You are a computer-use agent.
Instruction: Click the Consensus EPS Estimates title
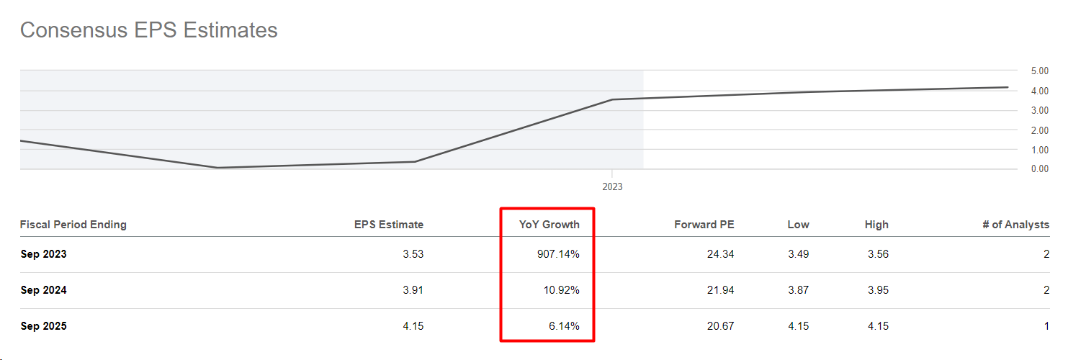point(148,30)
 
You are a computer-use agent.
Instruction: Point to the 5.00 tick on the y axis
point(1039,71)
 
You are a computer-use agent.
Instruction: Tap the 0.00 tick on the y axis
point(1039,169)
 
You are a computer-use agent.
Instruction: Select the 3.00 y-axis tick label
point(1039,110)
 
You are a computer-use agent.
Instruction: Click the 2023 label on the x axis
point(612,186)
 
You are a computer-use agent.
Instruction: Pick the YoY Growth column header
point(549,225)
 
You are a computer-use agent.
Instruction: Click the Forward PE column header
point(704,225)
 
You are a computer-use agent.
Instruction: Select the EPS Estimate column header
point(388,225)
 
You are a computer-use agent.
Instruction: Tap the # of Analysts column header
point(1015,225)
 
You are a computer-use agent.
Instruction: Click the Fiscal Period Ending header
point(73,225)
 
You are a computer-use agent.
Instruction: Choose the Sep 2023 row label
point(43,254)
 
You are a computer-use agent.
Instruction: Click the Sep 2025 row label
point(43,326)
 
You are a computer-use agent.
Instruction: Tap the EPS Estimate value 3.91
point(413,290)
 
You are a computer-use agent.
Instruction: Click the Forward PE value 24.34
point(720,254)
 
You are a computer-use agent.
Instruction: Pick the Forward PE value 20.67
point(720,326)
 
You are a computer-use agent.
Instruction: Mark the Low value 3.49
point(798,254)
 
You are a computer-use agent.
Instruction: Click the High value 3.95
point(877,290)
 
